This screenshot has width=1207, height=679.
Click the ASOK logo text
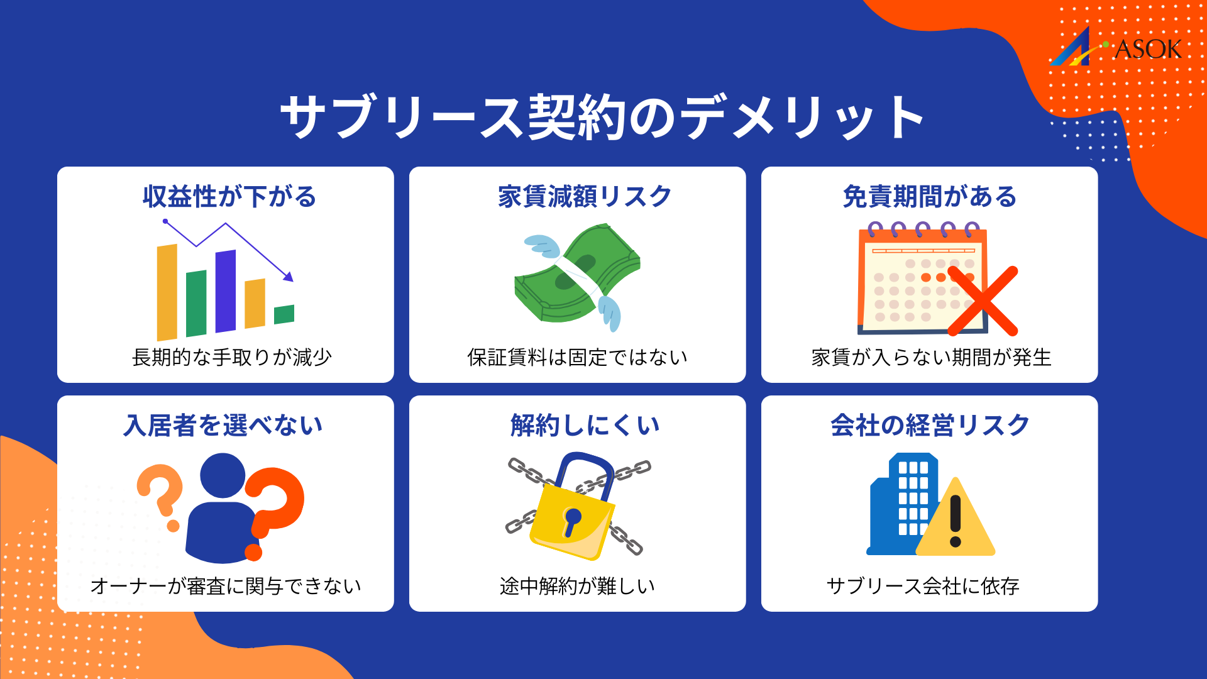point(1147,50)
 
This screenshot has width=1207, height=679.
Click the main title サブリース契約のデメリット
point(602,118)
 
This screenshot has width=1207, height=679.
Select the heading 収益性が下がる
point(229,197)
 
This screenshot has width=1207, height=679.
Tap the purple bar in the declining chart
point(226,291)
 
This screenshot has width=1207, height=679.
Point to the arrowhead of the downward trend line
point(289,276)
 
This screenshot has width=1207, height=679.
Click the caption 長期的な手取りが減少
point(231,357)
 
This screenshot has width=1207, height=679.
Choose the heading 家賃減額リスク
point(585,197)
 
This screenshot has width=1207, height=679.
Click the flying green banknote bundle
point(575,273)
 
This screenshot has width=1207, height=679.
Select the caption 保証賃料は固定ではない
point(577,357)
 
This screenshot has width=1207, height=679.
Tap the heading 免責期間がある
point(929,197)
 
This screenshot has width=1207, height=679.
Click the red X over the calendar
point(983,301)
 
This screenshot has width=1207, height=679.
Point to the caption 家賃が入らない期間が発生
point(931,357)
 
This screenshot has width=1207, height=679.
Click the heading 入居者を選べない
point(223,426)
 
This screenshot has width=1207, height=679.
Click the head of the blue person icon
point(223,476)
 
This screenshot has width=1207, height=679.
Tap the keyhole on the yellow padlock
point(572,519)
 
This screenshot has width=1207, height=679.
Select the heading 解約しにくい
point(585,426)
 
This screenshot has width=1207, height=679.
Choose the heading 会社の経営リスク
point(930,426)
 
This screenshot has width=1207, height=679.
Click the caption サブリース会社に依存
point(922,586)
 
